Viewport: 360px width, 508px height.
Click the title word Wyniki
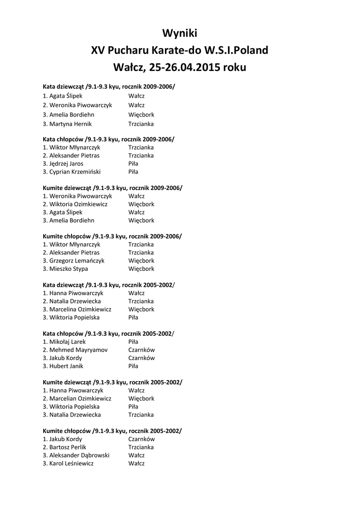180,33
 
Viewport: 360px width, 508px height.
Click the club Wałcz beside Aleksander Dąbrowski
137,455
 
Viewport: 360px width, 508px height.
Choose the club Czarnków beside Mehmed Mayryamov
142,350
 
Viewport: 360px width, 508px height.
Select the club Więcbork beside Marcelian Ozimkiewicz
142,398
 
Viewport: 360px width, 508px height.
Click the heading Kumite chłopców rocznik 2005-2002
112,431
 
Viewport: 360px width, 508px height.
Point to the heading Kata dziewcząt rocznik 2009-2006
109,86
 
